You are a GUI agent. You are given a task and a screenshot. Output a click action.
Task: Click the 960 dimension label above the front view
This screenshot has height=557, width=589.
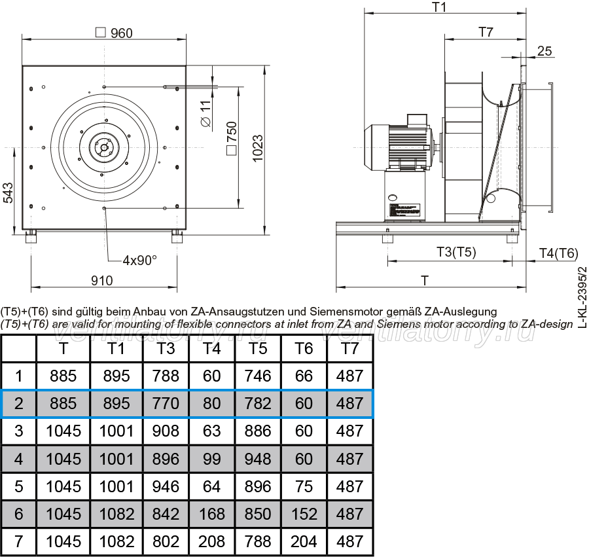[121, 33]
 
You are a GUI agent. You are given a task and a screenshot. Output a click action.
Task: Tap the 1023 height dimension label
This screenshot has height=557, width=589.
[258, 149]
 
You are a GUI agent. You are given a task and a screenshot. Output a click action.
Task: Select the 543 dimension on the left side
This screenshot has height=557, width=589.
[8, 193]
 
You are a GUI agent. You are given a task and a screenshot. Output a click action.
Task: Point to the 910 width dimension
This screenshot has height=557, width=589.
[102, 281]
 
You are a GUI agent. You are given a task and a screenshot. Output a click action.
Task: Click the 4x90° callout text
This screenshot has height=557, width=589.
[139, 260]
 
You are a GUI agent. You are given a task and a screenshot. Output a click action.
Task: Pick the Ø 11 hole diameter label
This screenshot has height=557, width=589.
[206, 113]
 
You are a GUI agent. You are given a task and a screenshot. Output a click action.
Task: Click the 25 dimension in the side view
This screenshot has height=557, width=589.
[544, 51]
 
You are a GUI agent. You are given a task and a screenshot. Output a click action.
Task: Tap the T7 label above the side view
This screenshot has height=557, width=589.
[486, 32]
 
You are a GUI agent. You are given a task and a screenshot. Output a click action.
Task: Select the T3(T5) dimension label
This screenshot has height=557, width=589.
[456, 251]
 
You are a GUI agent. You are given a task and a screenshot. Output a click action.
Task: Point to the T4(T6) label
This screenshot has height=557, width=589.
[559, 253]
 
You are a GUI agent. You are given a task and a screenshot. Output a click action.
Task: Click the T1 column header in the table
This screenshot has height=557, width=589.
[116, 349]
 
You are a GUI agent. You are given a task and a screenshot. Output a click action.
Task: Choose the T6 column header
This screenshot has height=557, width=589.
[304, 349]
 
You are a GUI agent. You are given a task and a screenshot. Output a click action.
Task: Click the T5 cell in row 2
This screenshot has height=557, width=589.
[258, 403]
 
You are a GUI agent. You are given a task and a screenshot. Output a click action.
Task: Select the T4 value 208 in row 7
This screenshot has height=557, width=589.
[212, 541]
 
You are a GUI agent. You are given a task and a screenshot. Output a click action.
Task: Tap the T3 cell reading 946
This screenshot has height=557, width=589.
[166, 486]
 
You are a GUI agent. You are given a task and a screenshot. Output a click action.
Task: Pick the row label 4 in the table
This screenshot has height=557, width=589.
[19, 459]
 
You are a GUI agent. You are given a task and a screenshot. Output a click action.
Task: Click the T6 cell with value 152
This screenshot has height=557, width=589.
[304, 514]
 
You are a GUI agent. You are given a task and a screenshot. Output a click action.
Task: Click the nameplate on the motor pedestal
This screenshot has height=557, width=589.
[404, 210]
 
